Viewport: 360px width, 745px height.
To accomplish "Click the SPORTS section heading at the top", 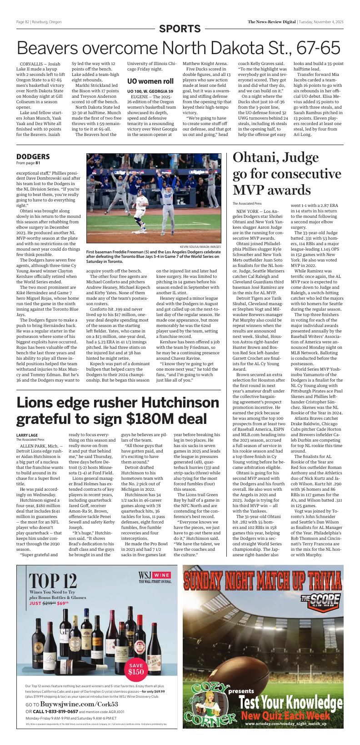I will pos(180,29).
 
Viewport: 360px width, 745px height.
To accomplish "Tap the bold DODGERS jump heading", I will pos(33,156).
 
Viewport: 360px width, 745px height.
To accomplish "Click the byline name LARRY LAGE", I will pos(27,435).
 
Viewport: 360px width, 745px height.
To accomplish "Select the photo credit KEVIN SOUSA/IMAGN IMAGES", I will pos(200,247).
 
